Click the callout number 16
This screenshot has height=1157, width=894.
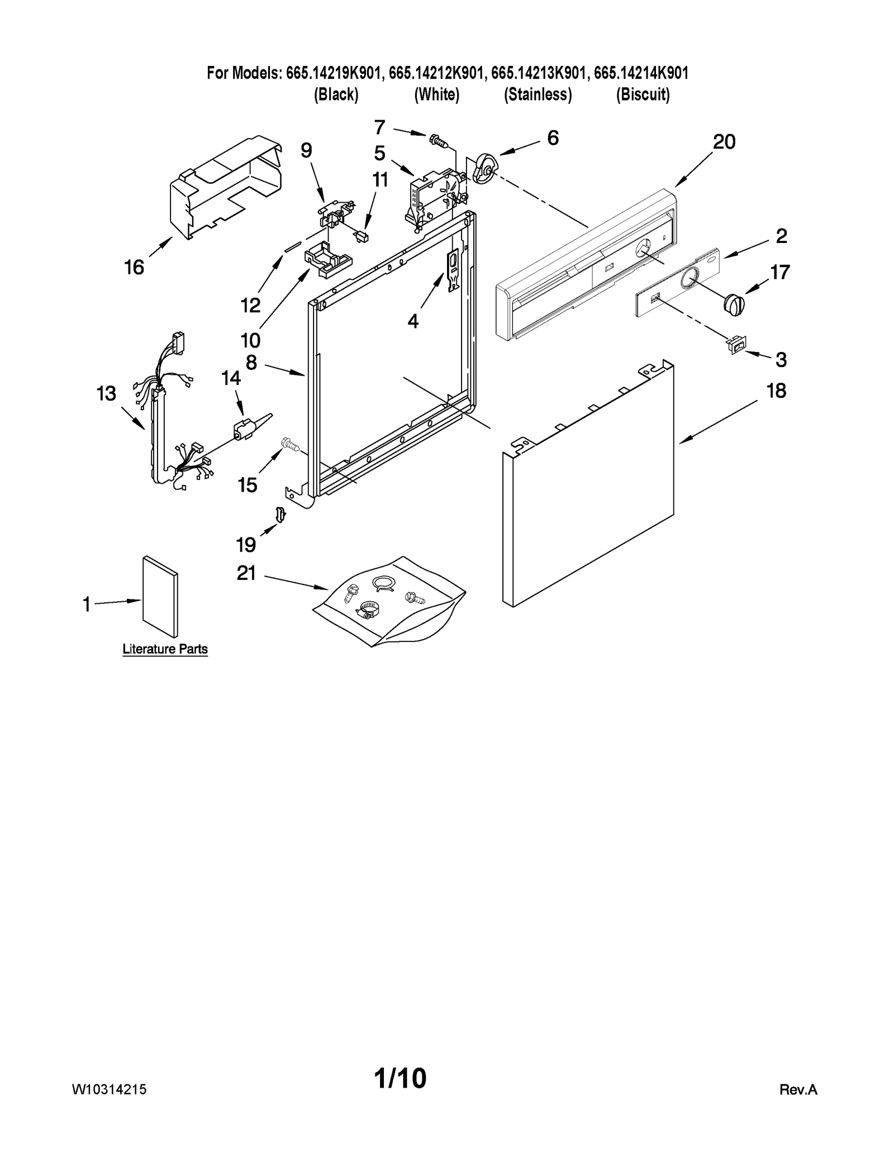[x=134, y=268]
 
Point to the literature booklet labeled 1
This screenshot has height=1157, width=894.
[x=160, y=597]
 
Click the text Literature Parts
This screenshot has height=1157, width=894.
[x=165, y=649]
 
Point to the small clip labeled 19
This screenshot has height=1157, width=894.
[x=280, y=514]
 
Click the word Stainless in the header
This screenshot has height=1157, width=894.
[x=538, y=95]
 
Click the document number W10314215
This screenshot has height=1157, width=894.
[x=109, y=1089]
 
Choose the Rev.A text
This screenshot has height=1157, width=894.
[x=798, y=1090]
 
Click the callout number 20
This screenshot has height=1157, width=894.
[x=724, y=142]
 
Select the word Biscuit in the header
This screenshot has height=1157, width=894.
[x=643, y=95]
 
